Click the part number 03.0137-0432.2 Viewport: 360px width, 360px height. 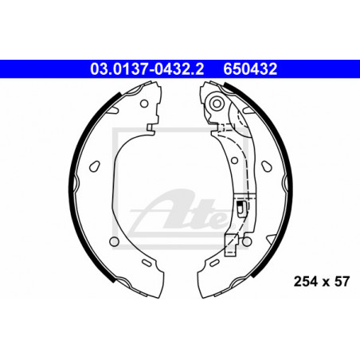click(x=147, y=69)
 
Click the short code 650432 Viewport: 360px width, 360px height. click(x=250, y=69)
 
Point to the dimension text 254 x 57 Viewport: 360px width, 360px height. click(x=322, y=281)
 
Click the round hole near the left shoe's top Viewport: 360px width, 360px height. click(x=144, y=104)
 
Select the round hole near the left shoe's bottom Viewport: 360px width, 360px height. click(x=114, y=241)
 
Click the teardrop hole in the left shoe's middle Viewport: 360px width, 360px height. click(x=95, y=166)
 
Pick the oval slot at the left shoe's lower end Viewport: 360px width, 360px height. click(x=147, y=263)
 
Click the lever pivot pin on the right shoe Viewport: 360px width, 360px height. click(x=217, y=104)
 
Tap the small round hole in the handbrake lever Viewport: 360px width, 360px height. click(x=234, y=160)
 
